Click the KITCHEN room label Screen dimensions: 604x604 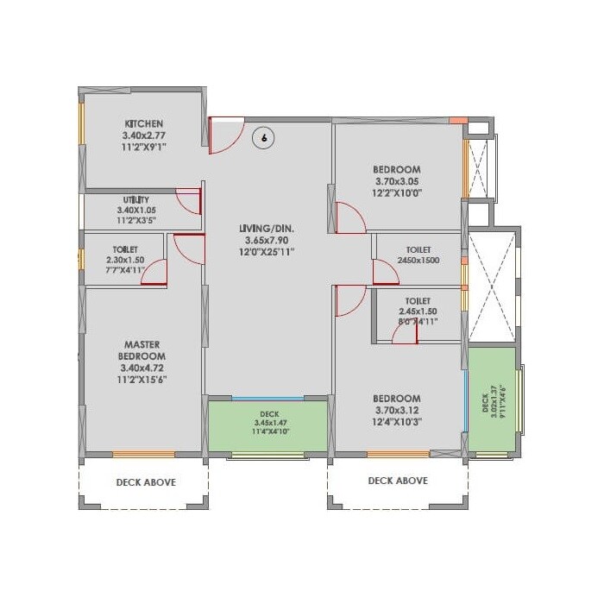pyautogui.click(x=143, y=123)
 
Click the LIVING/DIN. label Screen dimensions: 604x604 pyautogui.click(x=267, y=228)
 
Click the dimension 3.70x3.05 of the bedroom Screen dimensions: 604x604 pyautogui.click(x=397, y=181)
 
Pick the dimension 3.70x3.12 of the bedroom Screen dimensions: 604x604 pyautogui.click(x=397, y=411)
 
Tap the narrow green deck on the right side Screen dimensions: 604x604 pyautogui.click(x=491, y=399)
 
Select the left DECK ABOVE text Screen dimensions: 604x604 pyautogui.click(x=145, y=482)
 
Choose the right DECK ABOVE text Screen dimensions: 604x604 pyautogui.click(x=397, y=481)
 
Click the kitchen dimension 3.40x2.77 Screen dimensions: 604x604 pyautogui.click(x=143, y=135)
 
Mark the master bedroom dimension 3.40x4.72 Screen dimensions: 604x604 pyautogui.click(x=143, y=367)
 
